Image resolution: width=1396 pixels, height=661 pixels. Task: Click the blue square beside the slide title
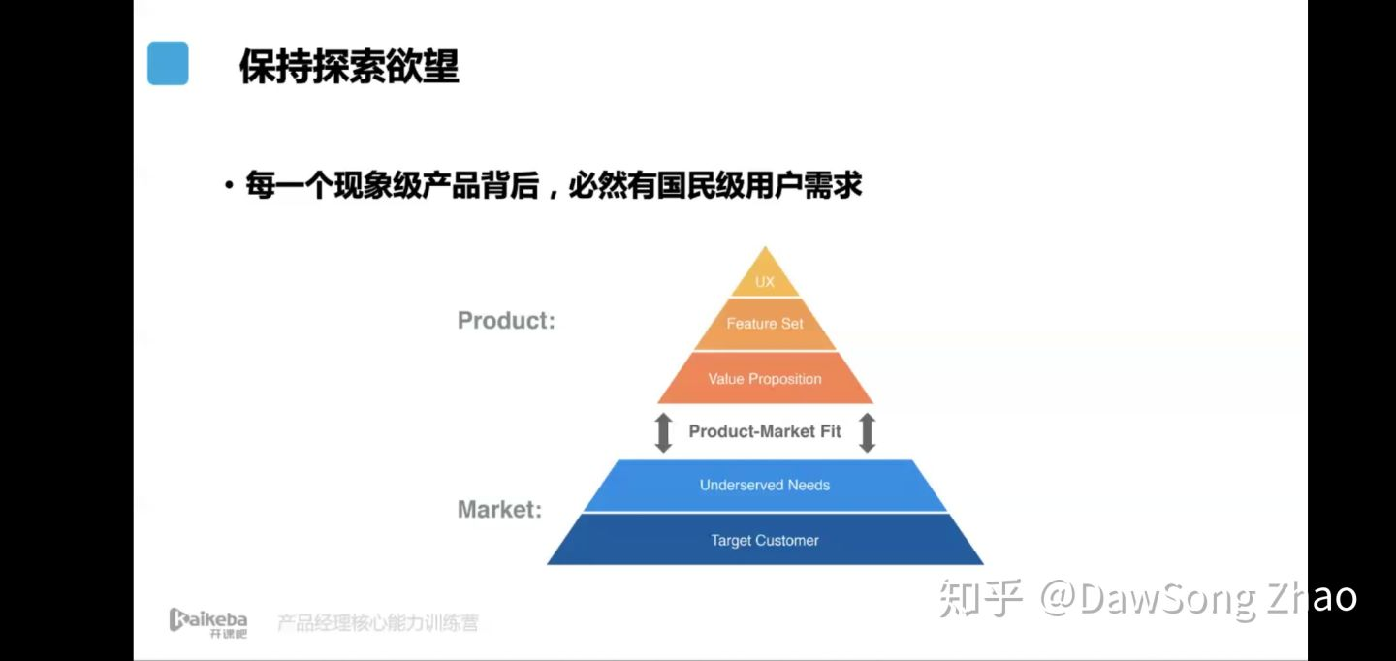click(168, 63)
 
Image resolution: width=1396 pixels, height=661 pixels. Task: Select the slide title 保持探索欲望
click(349, 66)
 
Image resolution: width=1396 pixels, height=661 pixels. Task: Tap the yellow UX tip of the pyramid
click(765, 274)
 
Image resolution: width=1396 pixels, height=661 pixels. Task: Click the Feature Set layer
click(765, 324)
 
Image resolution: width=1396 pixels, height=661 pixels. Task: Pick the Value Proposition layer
click(765, 378)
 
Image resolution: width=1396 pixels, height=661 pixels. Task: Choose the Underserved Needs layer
click(765, 486)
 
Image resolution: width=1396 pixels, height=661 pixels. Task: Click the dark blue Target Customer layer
click(765, 540)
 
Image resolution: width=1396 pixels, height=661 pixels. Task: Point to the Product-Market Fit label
click(765, 431)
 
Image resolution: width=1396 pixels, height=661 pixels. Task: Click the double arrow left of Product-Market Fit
click(663, 432)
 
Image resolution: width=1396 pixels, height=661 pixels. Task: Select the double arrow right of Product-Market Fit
click(867, 432)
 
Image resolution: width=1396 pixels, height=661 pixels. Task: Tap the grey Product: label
click(506, 320)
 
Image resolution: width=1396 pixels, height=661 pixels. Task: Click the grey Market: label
click(500, 509)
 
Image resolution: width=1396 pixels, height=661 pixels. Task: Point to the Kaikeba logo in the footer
click(208, 622)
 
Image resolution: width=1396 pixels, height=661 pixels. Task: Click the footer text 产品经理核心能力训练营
click(378, 622)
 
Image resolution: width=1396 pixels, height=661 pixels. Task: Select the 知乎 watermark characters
click(981, 597)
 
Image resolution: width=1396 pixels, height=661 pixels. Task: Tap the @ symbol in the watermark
click(1059, 598)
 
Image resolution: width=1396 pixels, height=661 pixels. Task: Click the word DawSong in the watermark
click(1167, 599)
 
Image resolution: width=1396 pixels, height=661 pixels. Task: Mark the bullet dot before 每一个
click(230, 185)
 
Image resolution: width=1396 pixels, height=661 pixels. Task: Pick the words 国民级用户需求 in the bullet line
click(760, 185)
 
